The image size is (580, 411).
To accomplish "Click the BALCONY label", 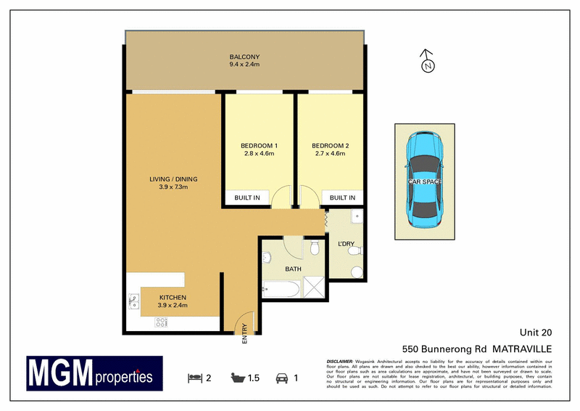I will tap(246, 57).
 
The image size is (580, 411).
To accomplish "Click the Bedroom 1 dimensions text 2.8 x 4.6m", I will tap(260, 154).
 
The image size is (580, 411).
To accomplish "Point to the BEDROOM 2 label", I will tap(331, 145).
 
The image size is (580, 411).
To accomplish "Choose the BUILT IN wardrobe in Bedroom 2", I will tap(342, 198).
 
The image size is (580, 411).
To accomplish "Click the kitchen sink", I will tap(134, 301).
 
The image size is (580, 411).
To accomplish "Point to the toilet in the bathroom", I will tap(314, 250).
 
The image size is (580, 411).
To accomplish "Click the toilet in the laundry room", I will tap(354, 251).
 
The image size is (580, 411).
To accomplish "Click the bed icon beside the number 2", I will tap(194, 378).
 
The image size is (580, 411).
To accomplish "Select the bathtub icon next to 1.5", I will tap(236, 378).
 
